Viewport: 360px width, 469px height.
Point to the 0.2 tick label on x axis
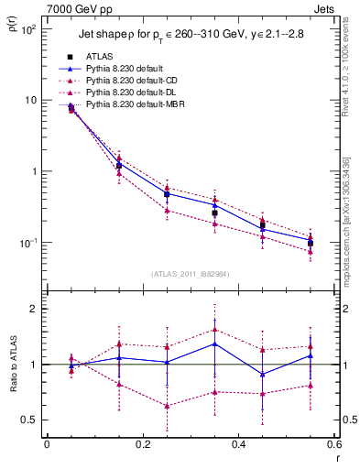pyautogui.click(x=142, y=445)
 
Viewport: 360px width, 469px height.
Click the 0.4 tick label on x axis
pyautogui.click(x=238, y=445)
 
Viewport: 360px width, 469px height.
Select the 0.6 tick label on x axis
pyautogui.click(x=333, y=445)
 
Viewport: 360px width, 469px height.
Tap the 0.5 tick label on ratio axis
pyautogui.click(x=32, y=420)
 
